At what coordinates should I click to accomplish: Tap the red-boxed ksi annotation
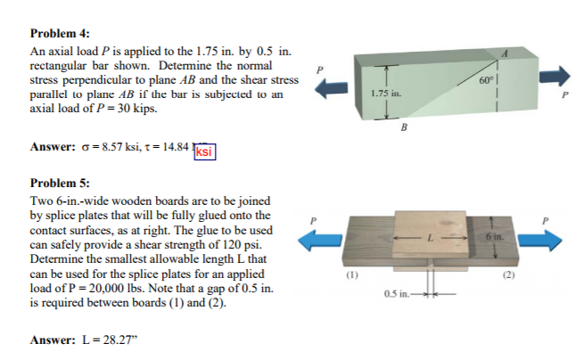coord(204,151)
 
